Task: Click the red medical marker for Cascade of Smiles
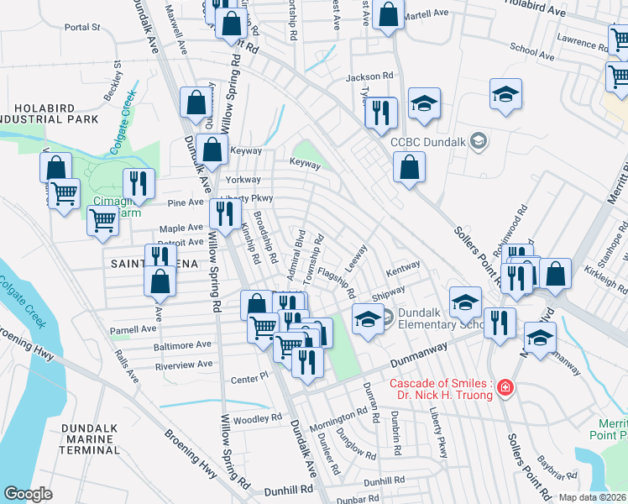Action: click(x=505, y=387)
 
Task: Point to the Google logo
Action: click(x=28, y=494)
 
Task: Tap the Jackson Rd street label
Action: click(x=369, y=76)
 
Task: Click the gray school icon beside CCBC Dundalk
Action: click(x=478, y=139)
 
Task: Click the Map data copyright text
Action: click(x=592, y=497)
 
